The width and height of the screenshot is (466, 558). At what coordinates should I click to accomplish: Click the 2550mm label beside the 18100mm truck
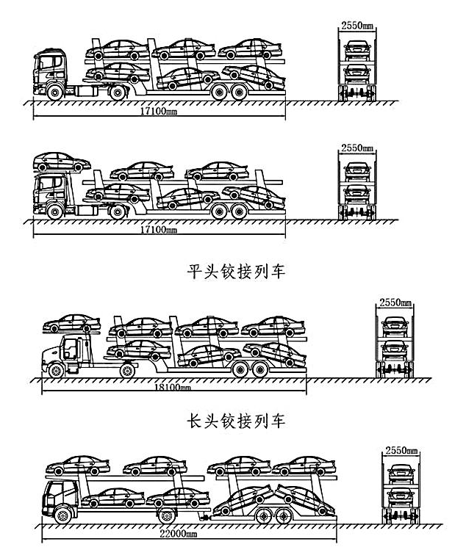[x=395, y=302]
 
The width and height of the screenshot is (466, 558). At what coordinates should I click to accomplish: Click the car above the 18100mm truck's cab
[x=71, y=322]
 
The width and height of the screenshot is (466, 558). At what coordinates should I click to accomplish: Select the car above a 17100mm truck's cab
[x=63, y=161]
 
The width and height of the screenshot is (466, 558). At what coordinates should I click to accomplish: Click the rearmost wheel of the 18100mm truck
[x=261, y=369]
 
